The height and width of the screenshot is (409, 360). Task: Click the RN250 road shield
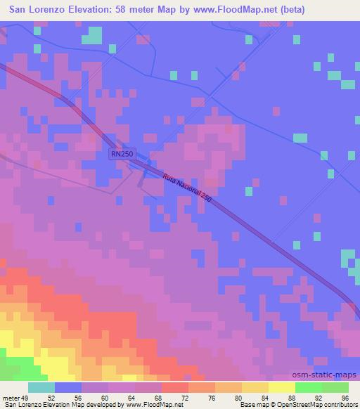(x=122, y=154)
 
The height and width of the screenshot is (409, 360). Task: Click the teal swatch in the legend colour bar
(x=41, y=387)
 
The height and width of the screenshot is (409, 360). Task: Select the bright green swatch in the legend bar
(x=308, y=387)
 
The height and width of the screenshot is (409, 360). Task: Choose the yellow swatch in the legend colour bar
(x=281, y=387)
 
